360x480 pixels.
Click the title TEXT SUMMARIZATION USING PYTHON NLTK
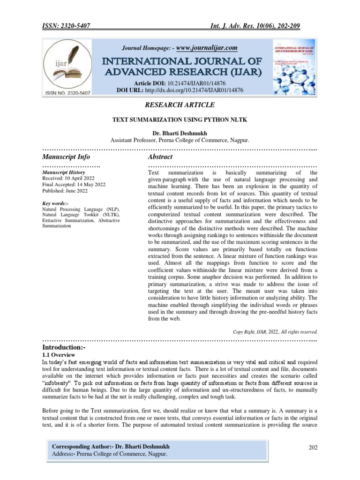180,120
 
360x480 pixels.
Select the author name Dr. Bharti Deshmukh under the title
180,133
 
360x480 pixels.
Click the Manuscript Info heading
66,157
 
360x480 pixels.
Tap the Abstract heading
160,157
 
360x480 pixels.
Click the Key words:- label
55,203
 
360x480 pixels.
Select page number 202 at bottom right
313,447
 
